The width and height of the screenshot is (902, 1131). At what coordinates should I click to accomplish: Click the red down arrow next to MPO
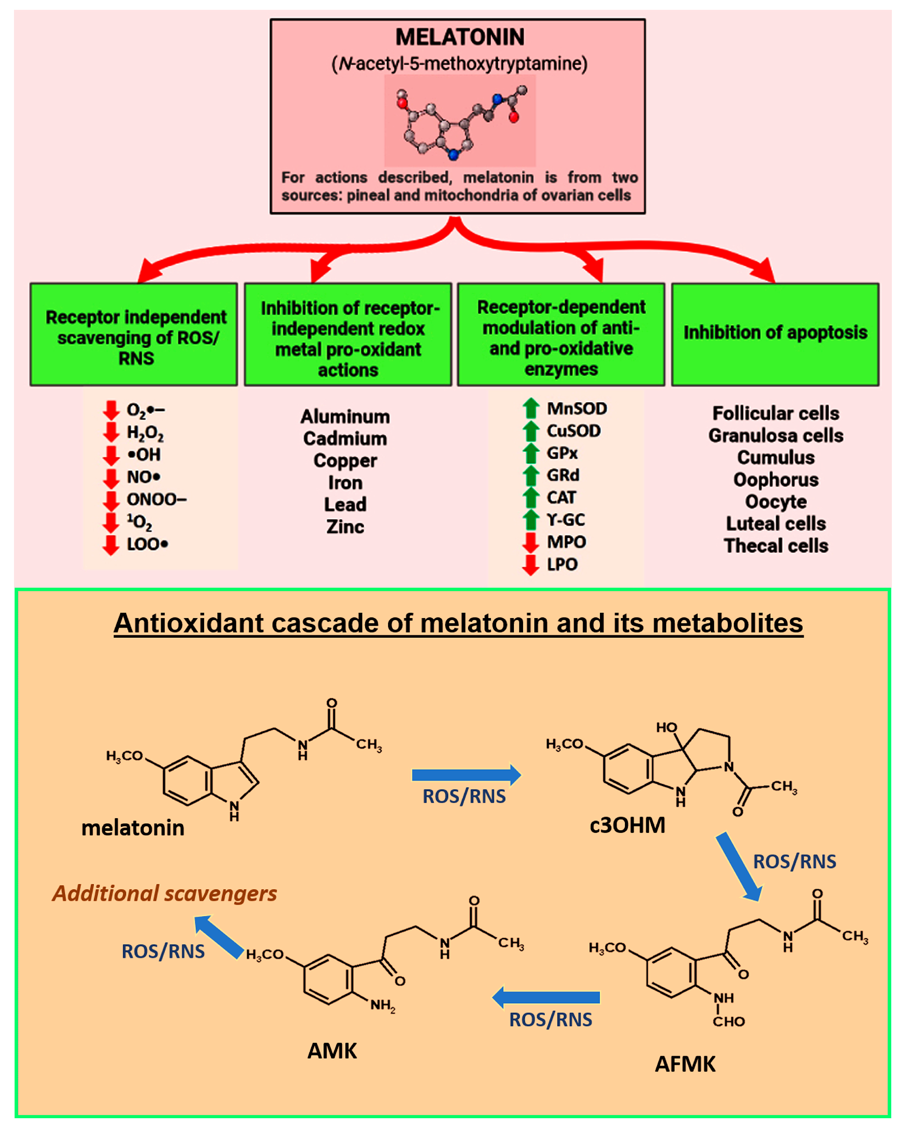click(531, 542)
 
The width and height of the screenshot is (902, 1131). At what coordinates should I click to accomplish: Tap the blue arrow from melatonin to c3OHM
click(466, 775)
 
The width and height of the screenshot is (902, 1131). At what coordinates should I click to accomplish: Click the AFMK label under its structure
click(685, 1064)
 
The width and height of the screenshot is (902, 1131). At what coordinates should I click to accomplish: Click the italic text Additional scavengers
click(164, 893)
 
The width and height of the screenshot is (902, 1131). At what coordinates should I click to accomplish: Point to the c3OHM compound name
click(627, 825)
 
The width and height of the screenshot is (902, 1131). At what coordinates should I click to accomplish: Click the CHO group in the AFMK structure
click(728, 1021)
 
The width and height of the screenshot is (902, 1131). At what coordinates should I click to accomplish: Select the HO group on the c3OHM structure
click(666, 727)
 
